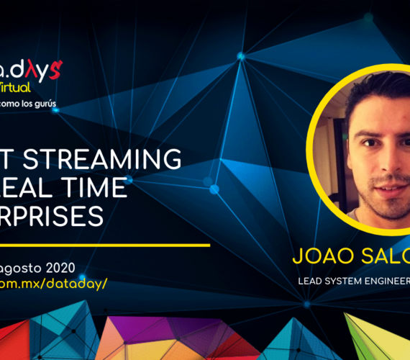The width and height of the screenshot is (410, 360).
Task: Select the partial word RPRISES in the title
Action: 53,217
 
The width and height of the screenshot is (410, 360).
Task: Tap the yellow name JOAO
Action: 316,256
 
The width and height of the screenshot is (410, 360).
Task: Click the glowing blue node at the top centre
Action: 241,55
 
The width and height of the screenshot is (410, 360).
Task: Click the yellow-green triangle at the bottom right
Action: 367,336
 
